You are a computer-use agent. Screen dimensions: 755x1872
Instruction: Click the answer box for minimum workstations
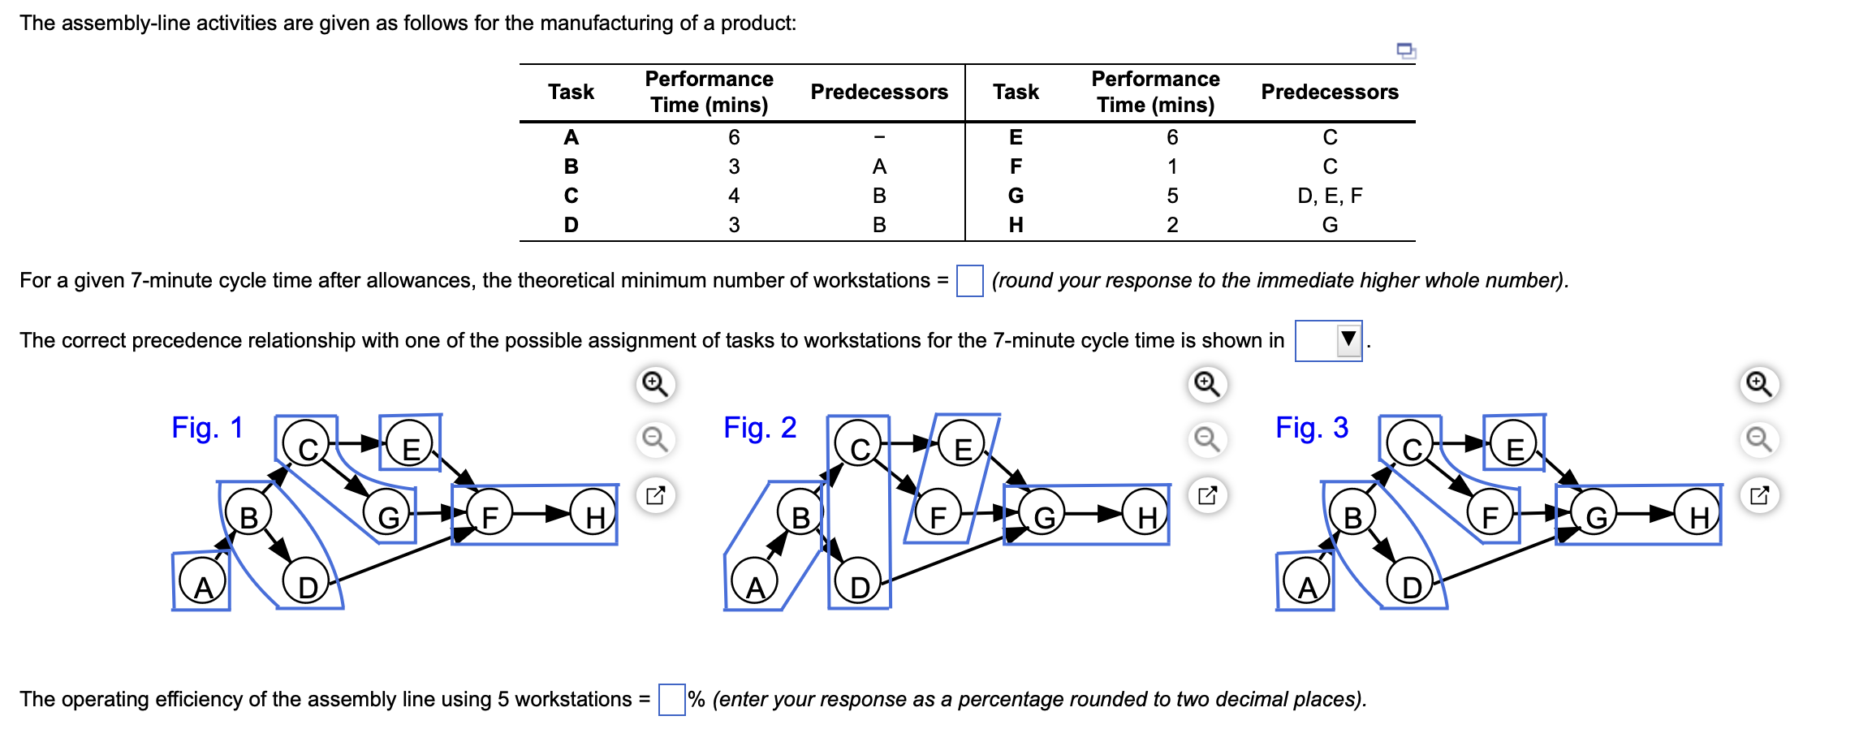[x=969, y=281]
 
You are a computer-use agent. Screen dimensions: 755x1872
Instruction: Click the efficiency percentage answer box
[x=671, y=699]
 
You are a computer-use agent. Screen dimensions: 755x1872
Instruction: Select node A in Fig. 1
[x=202, y=585]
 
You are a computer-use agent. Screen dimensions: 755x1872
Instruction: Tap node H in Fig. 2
[x=1146, y=516]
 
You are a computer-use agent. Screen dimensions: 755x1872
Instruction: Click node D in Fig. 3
[x=1411, y=585]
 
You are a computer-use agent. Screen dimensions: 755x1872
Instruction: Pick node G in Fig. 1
[x=388, y=516]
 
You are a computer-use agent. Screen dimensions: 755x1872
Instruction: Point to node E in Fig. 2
[x=962, y=447]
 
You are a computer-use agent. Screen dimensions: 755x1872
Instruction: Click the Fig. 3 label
[x=1311, y=427]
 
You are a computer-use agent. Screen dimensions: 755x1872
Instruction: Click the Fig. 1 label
[x=207, y=427]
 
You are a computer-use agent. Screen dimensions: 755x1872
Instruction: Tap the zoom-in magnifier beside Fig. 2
[x=1206, y=383]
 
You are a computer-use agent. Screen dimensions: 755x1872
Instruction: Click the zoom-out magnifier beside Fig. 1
[x=655, y=439]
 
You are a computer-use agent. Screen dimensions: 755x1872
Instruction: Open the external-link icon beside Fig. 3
[x=1758, y=495]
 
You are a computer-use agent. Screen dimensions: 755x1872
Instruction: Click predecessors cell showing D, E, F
[x=1329, y=196]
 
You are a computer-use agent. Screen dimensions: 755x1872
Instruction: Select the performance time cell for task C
[x=733, y=196]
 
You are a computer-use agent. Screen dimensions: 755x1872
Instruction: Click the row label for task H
[x=1015, y=225]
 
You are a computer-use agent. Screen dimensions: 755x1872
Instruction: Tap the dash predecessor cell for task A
[x=878, y=137]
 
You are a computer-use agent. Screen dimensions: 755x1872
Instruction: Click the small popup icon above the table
[x=1405, y=50]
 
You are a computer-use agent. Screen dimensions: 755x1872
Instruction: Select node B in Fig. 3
[x=1352, y=516]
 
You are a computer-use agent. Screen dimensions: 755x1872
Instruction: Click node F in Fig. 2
[x=938, y=516]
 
